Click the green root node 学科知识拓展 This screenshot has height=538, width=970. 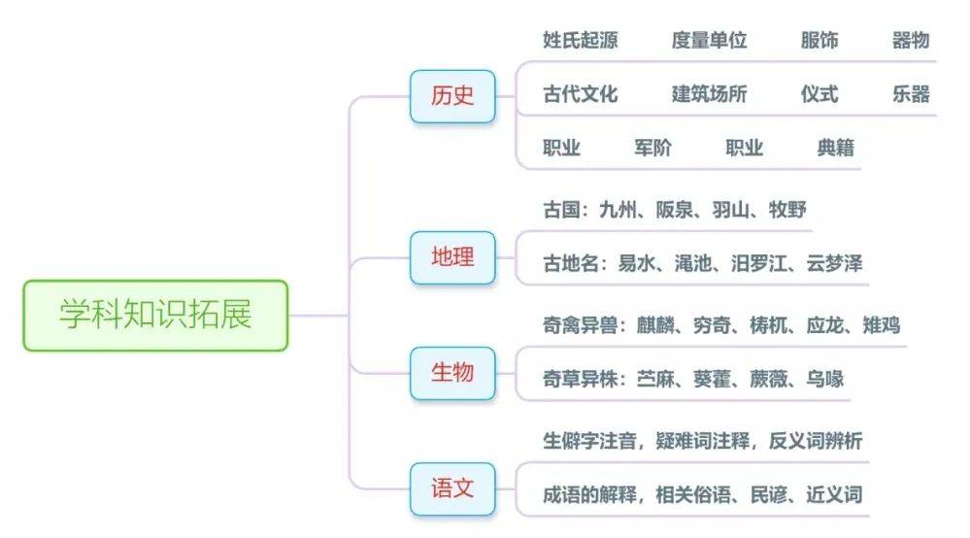155,316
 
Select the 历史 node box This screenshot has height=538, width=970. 452,96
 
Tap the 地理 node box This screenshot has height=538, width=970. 452,257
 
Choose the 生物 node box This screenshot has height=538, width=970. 452,373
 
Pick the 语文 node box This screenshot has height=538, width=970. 452,488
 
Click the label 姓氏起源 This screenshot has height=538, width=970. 581,40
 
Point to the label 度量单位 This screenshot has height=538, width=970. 709,40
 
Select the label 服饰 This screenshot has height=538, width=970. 819,40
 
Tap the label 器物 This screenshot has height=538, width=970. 911,40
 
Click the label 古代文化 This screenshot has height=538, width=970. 581,94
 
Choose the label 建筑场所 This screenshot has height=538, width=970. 709,94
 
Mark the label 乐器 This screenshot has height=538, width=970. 911,94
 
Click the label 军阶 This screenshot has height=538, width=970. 652,148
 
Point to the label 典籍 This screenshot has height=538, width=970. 835,148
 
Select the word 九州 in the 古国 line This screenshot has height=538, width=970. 618,210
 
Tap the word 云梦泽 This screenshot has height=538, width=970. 834,263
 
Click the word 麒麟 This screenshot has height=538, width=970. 655,325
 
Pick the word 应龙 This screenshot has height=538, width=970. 825,325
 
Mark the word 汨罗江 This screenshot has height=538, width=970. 759,263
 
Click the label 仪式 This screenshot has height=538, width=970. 819,94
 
